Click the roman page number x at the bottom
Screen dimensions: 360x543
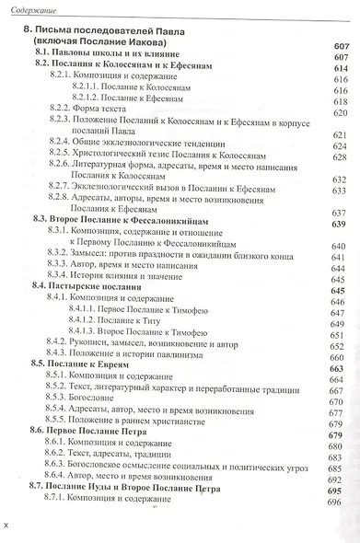[x=7, y=526]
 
